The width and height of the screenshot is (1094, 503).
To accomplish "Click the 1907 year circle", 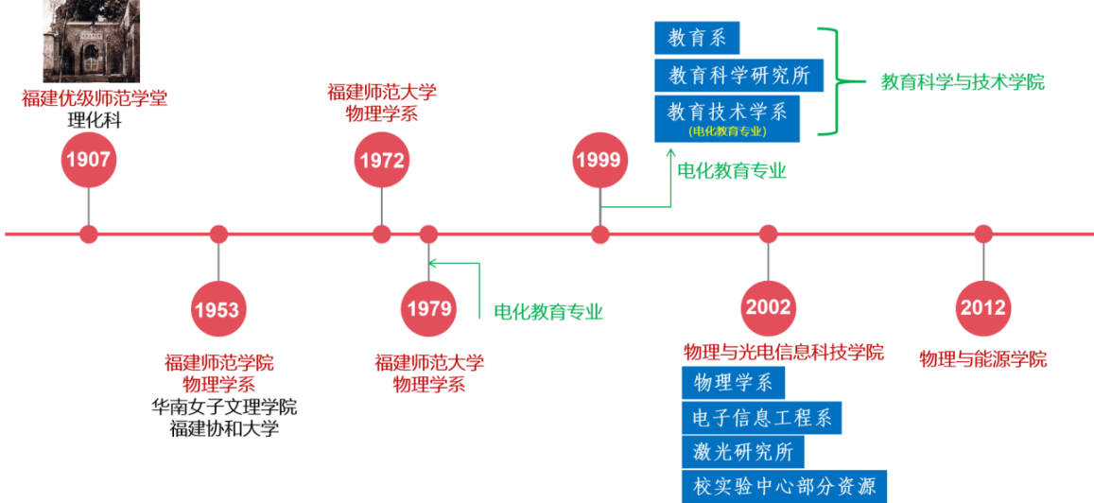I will pos(88,160).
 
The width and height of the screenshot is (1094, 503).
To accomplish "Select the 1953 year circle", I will pos(217,309).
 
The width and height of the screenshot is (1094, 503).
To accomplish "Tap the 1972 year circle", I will pos(381,160).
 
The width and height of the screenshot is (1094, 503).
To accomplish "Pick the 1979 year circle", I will pos(428,308).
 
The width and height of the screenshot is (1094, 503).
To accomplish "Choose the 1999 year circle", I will pos(599,160).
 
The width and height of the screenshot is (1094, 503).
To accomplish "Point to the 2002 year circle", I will pos(768,308).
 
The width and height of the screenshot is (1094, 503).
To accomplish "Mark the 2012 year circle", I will pos(983,308).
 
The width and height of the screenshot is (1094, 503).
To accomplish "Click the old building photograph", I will pos(90,41).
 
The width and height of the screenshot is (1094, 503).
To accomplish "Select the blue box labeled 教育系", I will pos(697,38).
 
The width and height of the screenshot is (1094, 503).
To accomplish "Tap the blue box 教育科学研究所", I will pos(738,76).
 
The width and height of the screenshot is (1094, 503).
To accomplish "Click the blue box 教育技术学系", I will pos(727,118).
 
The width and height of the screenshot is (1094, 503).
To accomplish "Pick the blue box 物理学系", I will pos(733,383).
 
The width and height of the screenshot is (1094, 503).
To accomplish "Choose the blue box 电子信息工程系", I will pos(761,417).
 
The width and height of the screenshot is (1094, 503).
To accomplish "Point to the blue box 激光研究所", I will pos(742,452).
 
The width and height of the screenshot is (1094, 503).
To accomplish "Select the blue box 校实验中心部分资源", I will pos(784,487).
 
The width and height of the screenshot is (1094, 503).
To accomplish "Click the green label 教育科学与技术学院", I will pos(962,81).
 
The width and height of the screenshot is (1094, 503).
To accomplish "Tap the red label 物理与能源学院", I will pos(982,359).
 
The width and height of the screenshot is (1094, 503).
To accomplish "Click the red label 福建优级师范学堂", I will pos(95,97).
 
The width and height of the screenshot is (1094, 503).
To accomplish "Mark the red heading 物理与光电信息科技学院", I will pos(783,352).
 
